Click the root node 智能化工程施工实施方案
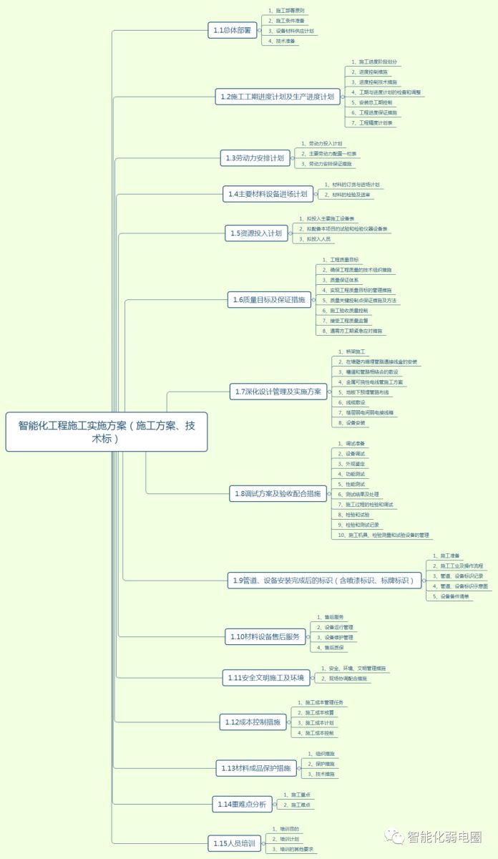[x=106, y=432]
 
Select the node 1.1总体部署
[x=233, y=30]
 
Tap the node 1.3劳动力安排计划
[x=255, y=158]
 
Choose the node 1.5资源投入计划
[x=256, y=233]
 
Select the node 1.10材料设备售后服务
[x=265, y=636]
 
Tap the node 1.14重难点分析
[x=242, y=805]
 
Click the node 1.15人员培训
[x=234, y=845]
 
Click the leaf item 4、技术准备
[x=283, y=42]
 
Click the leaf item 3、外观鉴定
[x=352, y=464]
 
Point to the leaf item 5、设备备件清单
[x=452, y=596]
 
